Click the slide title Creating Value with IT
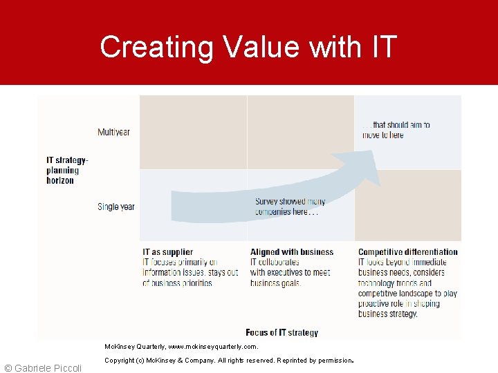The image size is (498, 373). pos(248,47)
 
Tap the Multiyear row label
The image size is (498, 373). pos(113,132)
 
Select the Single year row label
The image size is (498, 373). pos(116,207)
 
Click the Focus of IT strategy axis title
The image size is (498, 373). pos(282,332)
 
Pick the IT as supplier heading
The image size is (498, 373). pos(167,252)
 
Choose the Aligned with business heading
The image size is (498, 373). pos(291,252)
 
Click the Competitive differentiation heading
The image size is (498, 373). pos(407,252)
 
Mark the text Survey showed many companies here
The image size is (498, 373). pos(290,207)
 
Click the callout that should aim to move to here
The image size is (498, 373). pos(396,130)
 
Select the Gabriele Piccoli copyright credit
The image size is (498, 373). pos(43,367)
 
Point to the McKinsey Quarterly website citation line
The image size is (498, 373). pos(181,347)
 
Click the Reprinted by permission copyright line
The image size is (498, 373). pos(228,361)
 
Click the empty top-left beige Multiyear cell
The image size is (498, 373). pos(193,132)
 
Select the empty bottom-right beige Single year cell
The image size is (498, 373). pos(407,205)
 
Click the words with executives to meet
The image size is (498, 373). pos(290,272)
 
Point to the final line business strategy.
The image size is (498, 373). pos(387,314)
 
